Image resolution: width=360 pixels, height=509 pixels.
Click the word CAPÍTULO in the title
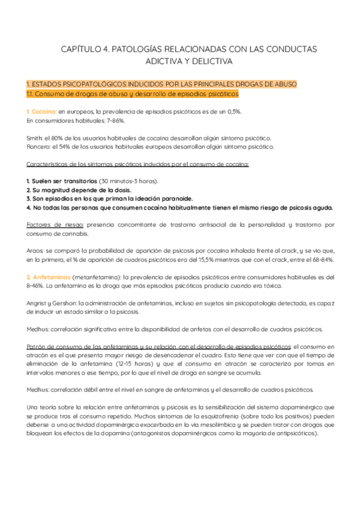[x=82, y=49]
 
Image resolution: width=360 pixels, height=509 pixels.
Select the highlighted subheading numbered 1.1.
[x=133, y=94]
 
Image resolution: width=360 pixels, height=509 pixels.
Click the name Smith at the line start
[x=35, y=137]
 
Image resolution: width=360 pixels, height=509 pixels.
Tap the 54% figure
[x=71, y=146]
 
